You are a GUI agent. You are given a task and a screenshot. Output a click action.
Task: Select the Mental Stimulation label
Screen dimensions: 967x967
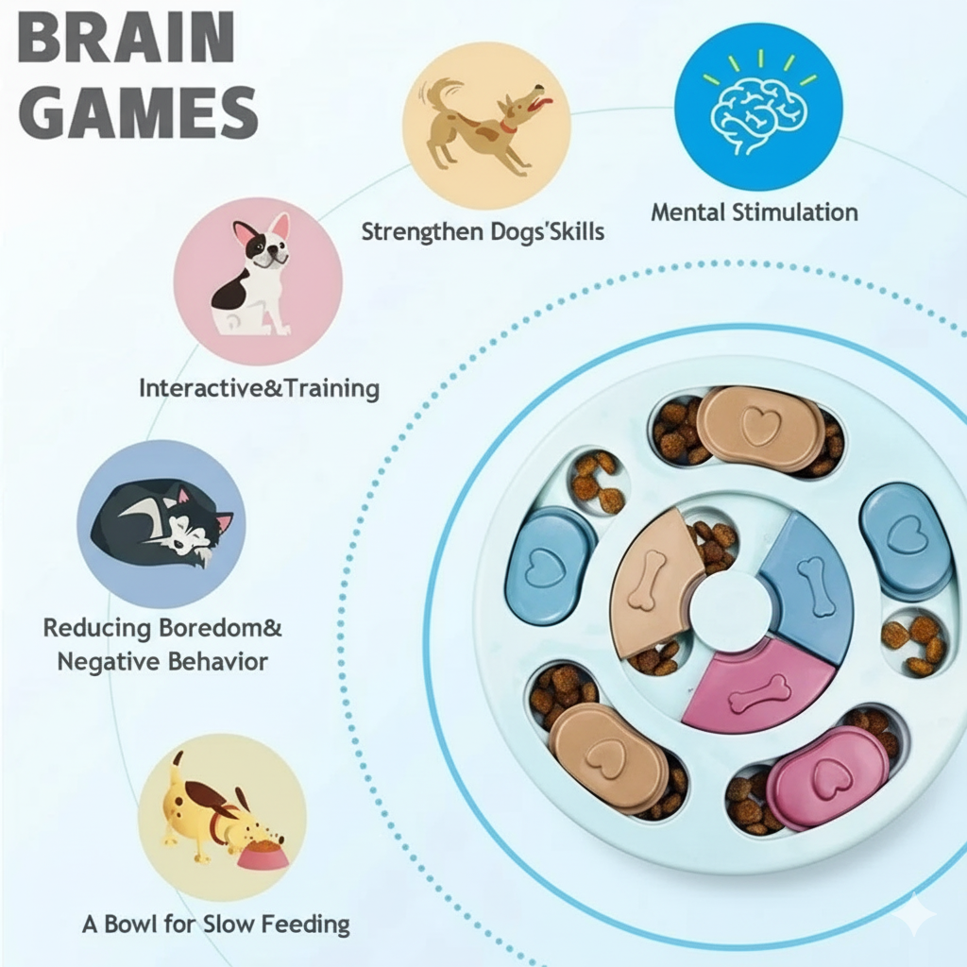(754, 212)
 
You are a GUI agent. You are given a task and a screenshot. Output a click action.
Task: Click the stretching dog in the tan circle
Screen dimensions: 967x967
(485, 127)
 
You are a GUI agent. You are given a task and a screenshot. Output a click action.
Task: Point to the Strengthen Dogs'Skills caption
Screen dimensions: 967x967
(482, 231)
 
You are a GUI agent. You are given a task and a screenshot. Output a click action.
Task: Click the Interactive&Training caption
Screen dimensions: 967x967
(259, 388)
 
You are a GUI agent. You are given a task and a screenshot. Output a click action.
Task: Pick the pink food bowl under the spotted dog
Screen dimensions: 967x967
(263, 855)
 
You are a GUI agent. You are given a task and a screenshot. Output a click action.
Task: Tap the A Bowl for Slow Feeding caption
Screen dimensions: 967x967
(215, 924)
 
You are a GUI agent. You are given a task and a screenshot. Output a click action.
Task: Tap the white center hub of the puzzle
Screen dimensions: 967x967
(728, 609)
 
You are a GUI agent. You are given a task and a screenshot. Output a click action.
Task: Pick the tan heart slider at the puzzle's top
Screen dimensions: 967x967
(760, 428)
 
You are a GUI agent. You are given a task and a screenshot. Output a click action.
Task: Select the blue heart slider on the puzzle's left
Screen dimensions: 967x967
(549, 565)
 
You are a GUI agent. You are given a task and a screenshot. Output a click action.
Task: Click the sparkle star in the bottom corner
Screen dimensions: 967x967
(914, 914)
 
